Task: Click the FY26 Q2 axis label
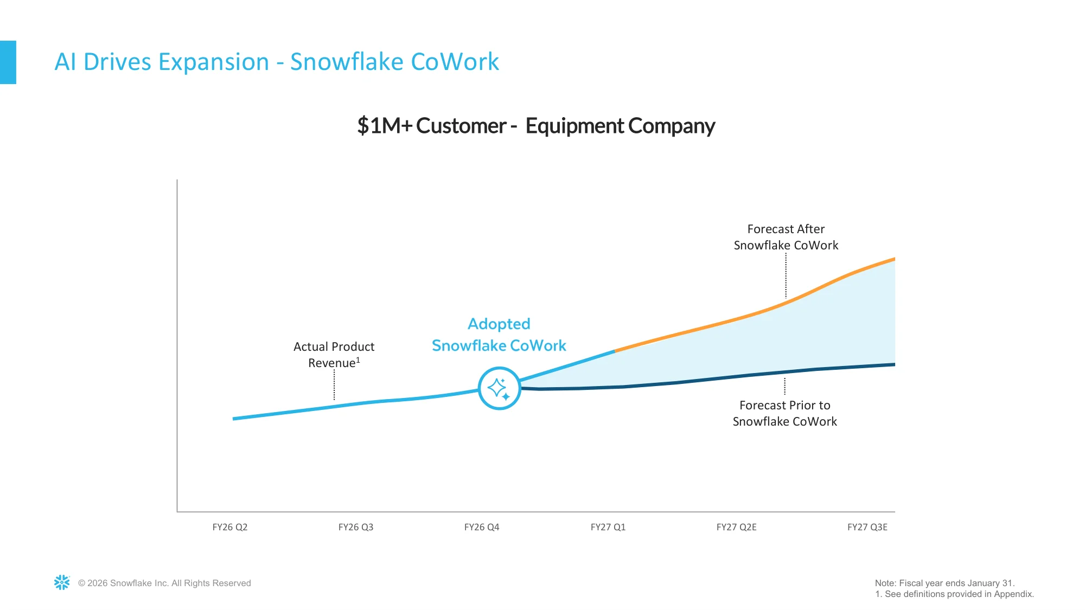(230, 527)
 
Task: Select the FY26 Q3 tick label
(356, 527)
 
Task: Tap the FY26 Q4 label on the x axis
(482, 527)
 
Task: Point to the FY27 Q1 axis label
(608, 527)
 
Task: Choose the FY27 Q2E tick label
(737, 527)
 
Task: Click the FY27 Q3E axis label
(867, 527)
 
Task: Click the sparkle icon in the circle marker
(499, 389)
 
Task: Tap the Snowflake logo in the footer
(62, 582)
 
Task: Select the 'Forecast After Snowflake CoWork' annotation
(786, 237)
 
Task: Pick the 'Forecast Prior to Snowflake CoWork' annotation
(785, 413)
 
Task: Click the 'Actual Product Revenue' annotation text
(334, 355)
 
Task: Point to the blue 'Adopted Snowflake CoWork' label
(499, 335)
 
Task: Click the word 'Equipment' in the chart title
(575, 126)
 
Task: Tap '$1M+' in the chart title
(385, 126)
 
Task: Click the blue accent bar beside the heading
(8, 62)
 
